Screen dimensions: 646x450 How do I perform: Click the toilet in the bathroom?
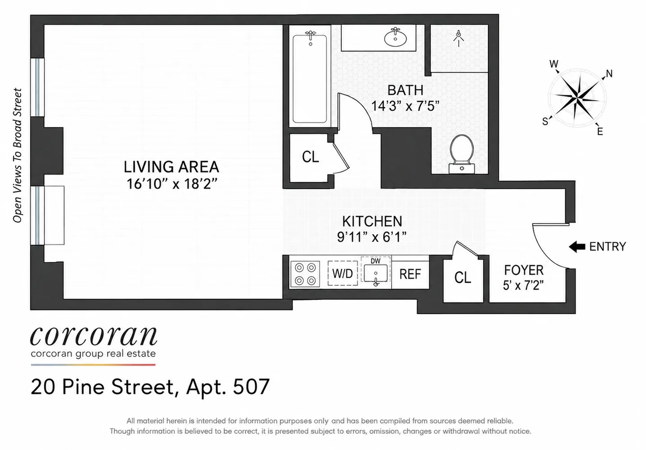pyautogui.click(x=461, y=154)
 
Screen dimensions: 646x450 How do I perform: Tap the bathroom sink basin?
pyautogui.click(x=396, y=38)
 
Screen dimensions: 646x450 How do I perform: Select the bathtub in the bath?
pyautogui.click(x=310, y=79)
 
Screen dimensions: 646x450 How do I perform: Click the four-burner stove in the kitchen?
pyautogui.click(x=305, y=274)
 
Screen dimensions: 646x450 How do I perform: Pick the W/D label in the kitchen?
pyautogui.click(x=342, y=274)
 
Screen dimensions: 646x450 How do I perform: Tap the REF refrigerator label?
pyautogui.click(x=410, y=274)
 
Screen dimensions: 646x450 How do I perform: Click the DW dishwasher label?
pyautogui.click(x=375, y=261)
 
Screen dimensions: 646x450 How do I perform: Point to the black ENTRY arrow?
pyautogui.click(x=577, y=247)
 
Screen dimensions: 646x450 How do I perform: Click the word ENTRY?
pyautogui.click(x=608, y=247)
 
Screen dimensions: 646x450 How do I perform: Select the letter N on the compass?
pyautogui.click(x=609, y=74)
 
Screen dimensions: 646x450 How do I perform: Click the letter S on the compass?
pyautogui.click(x=545, y=121)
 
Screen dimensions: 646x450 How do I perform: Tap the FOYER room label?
pyautogui.click(x=524, y=270)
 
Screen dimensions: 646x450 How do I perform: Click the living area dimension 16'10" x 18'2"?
pyautogui.click(x=172, y=184)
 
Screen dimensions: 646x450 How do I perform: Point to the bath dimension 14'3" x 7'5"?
pyautogui.click(x=405, y=106)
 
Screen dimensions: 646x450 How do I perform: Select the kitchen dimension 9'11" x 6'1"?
pyautogui.click(x=372, y=237)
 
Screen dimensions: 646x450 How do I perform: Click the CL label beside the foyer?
pyautogui.click(x=463, y=277)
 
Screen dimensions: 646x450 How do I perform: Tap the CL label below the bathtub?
pyautogui.click(x=310, y=157)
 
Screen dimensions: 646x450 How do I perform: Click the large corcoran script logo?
pyautogui.click(x=94, y=336)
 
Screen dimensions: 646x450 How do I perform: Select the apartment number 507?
pyautogui.click(x=251, y=387)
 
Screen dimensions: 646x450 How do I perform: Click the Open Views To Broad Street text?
pyautogui.click(x=17, y=155)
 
